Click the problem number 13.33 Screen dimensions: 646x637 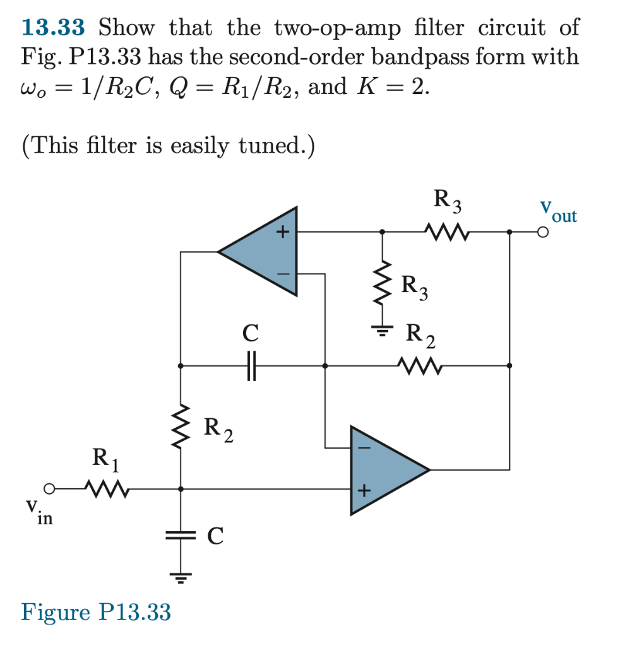coord(53,28)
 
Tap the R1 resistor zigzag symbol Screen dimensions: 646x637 coord(107,488)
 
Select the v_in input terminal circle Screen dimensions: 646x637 coord(49,488)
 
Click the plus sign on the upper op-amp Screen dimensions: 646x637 coord(283,233)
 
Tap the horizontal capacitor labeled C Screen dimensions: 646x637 coord(251,365)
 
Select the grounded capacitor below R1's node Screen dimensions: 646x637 coord(181,536)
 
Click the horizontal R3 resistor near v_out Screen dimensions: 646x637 coord(447,233)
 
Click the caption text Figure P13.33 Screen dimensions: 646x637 coord(96,612)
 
